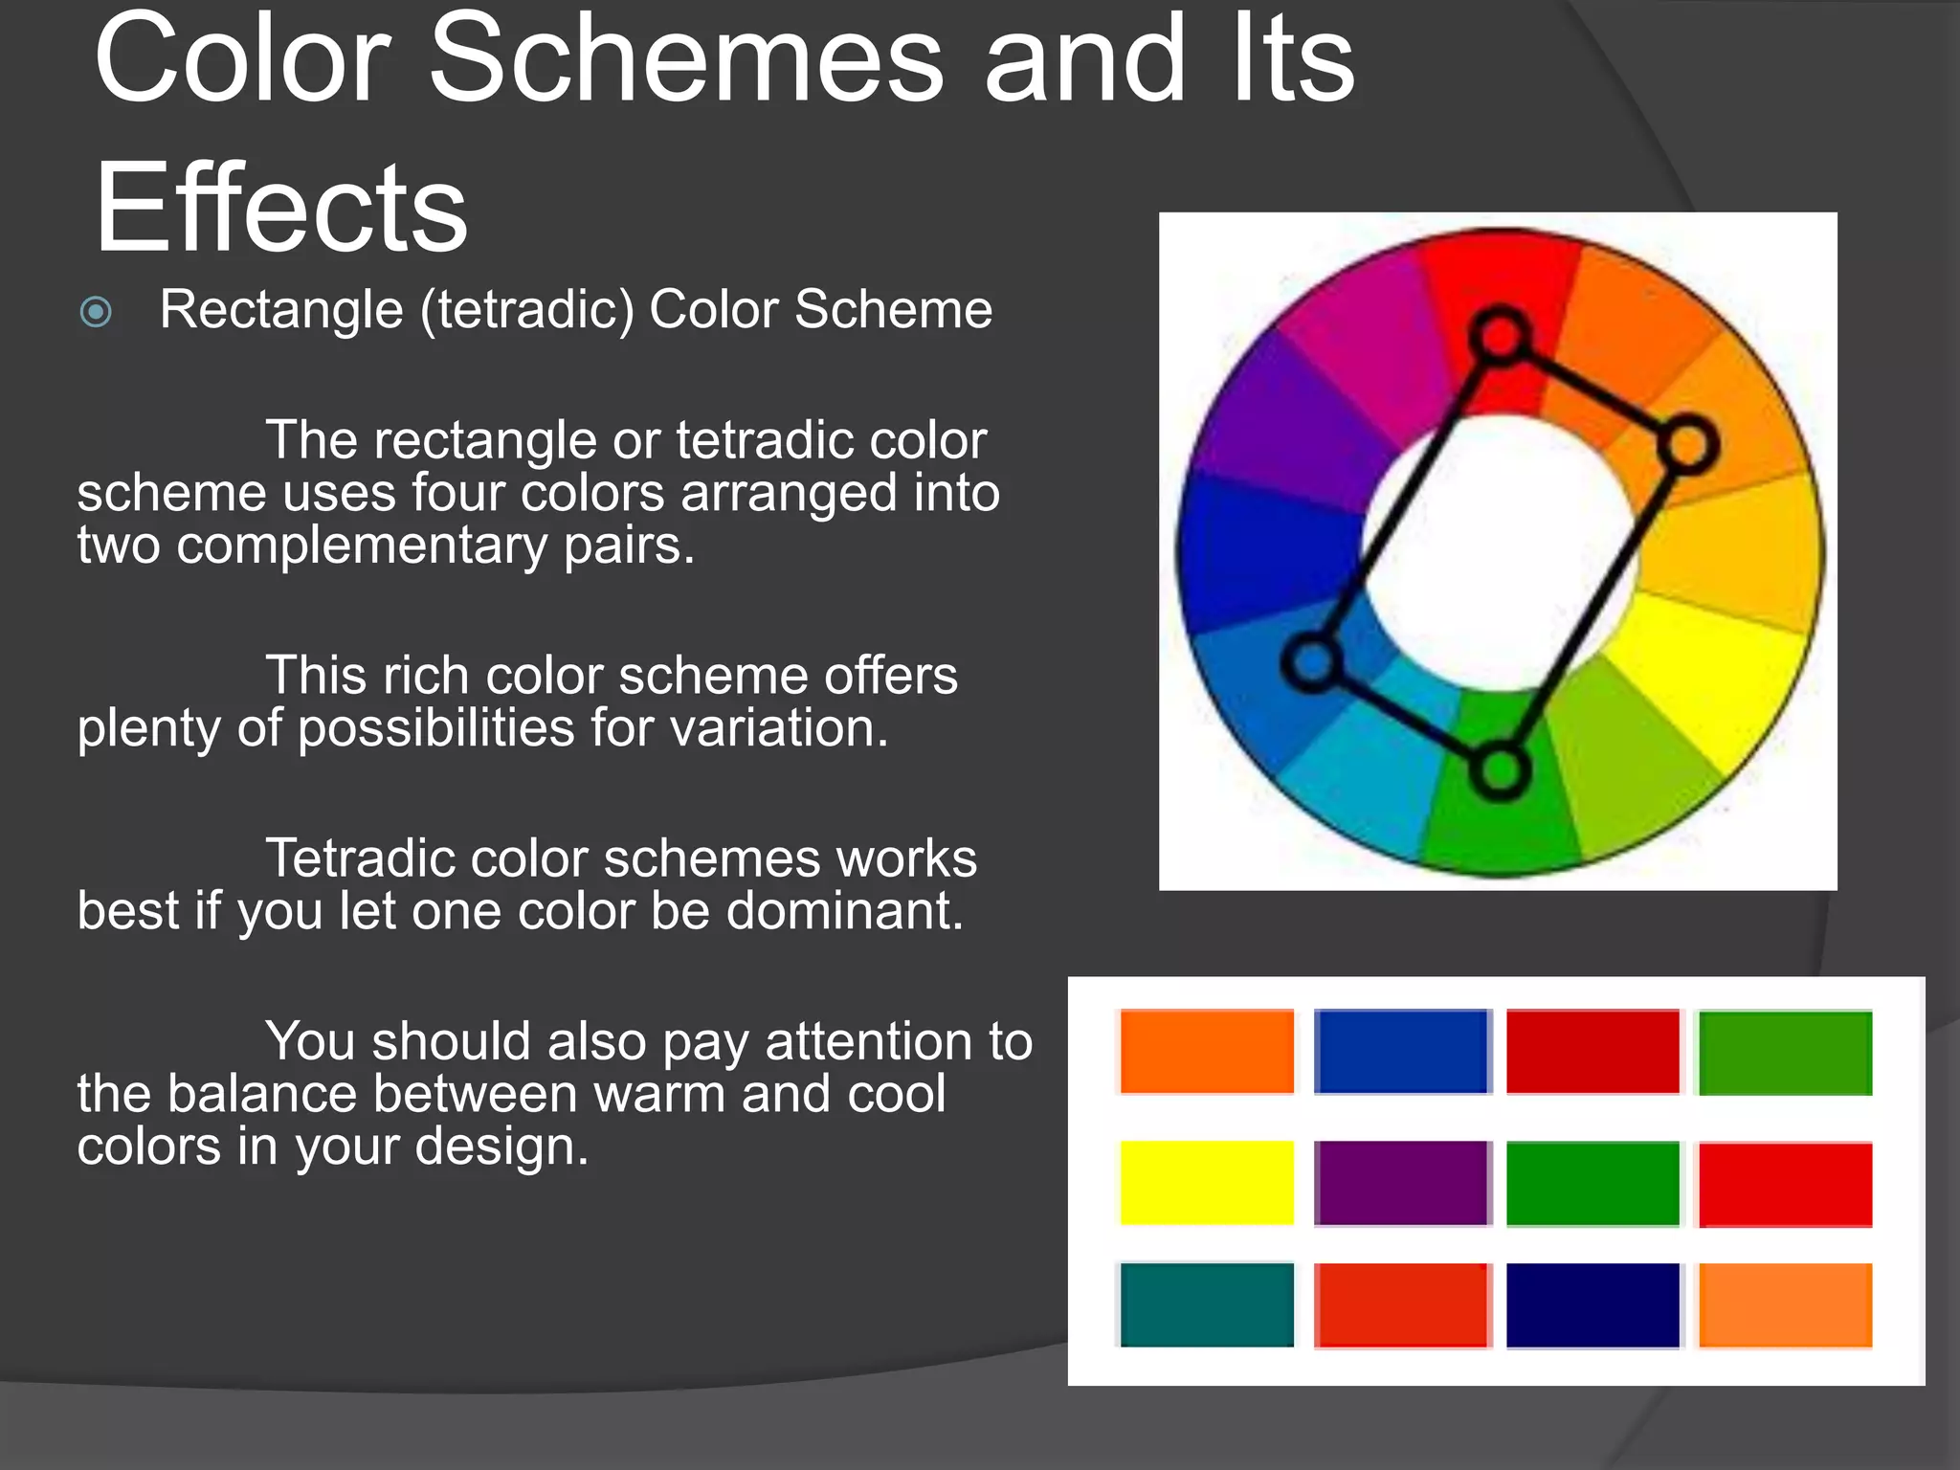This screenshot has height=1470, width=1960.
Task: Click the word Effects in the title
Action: pos(280,209)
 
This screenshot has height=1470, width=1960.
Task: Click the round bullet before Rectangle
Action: pos(96,312)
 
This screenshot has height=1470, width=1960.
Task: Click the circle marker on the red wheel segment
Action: pos(1500,336)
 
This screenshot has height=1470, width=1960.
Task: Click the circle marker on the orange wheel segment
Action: pos(1688,445)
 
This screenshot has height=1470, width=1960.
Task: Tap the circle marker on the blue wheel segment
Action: pos(1312,661)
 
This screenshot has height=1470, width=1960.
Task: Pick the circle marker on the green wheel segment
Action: pos(1500,770)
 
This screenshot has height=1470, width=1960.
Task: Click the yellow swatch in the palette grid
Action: pos(1206,1182)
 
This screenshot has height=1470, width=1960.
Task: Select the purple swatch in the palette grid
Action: pos(1401,1182)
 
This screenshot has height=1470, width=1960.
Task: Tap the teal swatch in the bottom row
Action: pos(1206,1304)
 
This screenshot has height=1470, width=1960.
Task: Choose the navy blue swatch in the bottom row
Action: pos(1592,1304)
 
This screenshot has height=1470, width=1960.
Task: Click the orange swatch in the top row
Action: pos(1206,1051)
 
